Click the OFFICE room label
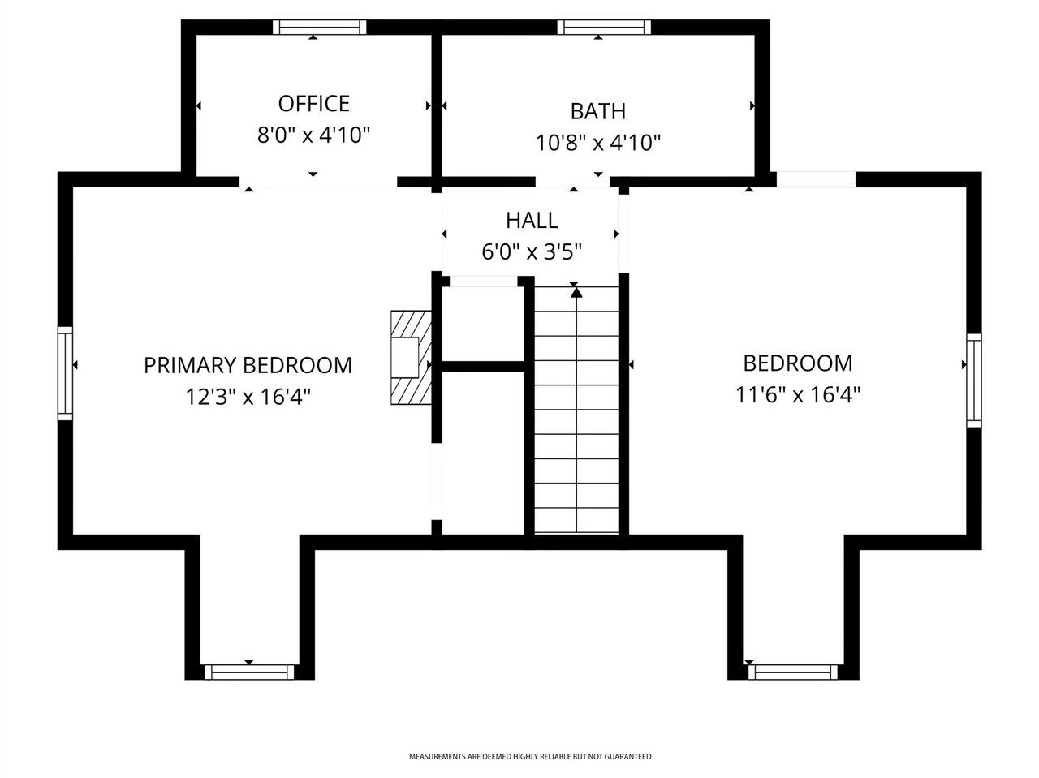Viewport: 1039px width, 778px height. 313,104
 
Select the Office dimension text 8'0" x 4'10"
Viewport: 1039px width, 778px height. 313,135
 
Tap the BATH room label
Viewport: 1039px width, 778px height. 597,111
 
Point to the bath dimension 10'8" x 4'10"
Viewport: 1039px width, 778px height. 597,143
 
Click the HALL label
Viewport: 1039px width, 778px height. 532,220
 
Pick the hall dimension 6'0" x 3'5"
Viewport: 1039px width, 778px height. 532,251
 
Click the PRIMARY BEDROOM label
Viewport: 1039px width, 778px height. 248,365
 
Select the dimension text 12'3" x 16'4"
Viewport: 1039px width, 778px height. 248,397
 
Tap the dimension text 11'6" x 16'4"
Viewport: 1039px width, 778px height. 797,394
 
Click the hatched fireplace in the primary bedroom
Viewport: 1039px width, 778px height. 411,358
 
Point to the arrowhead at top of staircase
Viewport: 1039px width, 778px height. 576,292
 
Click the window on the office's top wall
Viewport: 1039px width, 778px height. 319,27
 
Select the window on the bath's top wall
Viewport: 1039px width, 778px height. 604,27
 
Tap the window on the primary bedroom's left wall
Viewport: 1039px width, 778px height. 65,373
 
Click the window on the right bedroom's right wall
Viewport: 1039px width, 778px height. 973,380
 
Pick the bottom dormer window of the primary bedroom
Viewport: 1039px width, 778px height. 249,672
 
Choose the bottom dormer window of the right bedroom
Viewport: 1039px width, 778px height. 792,672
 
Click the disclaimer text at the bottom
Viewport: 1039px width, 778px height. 529,757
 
